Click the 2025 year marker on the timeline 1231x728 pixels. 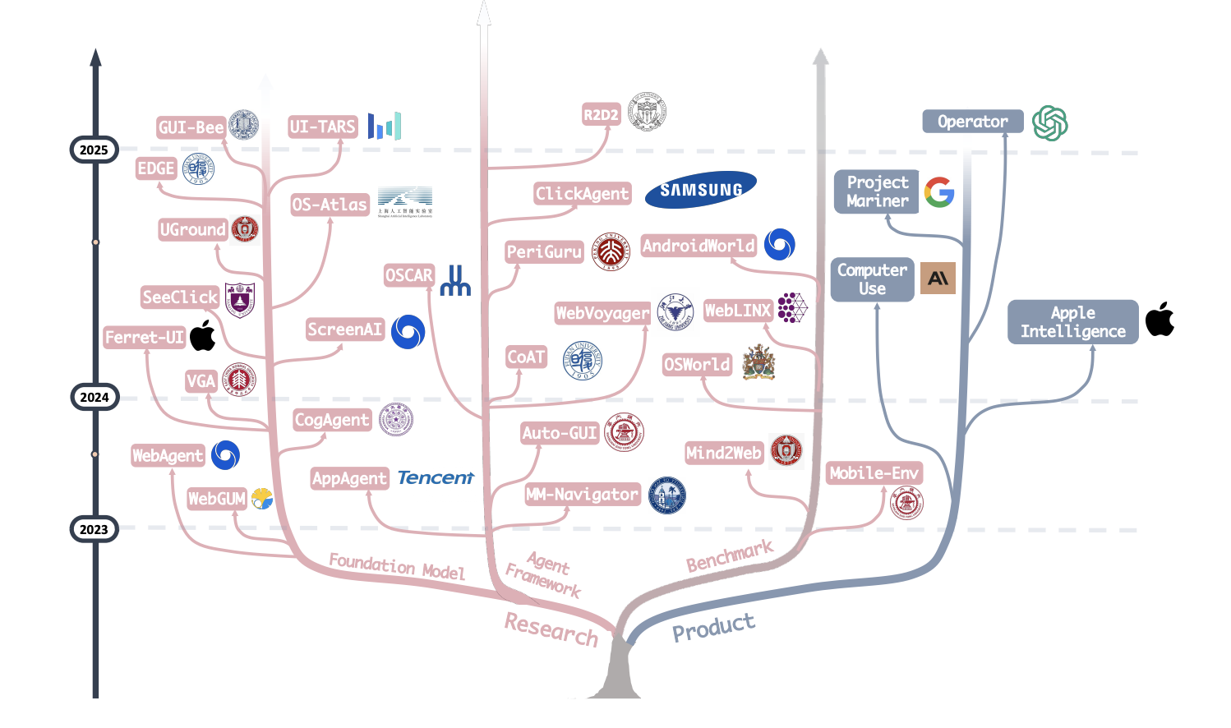94,150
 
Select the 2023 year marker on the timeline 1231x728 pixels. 94,529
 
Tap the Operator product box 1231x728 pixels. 972,122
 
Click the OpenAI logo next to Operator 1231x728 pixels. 1049,123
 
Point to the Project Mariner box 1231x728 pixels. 877,191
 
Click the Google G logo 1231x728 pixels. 938,192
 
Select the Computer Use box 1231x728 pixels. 872,279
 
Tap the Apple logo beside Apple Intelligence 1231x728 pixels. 1160,320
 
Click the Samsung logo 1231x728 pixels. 700,190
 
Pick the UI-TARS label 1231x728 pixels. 323,127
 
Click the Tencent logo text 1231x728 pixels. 436,477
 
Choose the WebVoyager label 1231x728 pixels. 602,313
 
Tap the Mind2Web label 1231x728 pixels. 724,453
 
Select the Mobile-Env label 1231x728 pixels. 874,473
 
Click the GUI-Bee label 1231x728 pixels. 191,127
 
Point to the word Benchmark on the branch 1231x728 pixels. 730,556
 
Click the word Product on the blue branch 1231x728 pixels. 713,628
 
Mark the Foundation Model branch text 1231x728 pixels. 397,566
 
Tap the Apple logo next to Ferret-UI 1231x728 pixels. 203,335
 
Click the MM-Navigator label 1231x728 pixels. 582,494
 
